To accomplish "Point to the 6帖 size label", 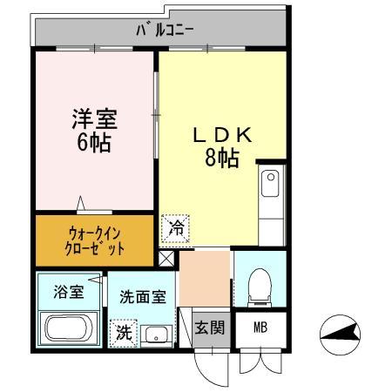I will pyautogui.click(x=92, y=143).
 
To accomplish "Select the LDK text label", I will pyautogui.click(x=222, y=136).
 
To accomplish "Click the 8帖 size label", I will pyautogui.click(x=222, y=159).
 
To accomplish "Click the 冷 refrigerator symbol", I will pyautogui.click(x=176, y=230).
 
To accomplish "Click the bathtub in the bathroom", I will pyautogui.click(x=69, y=330).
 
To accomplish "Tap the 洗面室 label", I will pyautogui.click(x=142, y=296).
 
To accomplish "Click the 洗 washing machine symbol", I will pyautogui.click(x=124, y=332).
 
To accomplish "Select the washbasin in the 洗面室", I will pyautogui.click(x=158, y=334).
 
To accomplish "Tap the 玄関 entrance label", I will pyautogui.click(x=209, y=328).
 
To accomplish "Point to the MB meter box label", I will pyautogui.click(x=260, y=328).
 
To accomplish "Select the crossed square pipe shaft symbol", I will pyautogui.click(x=167, y=258).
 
